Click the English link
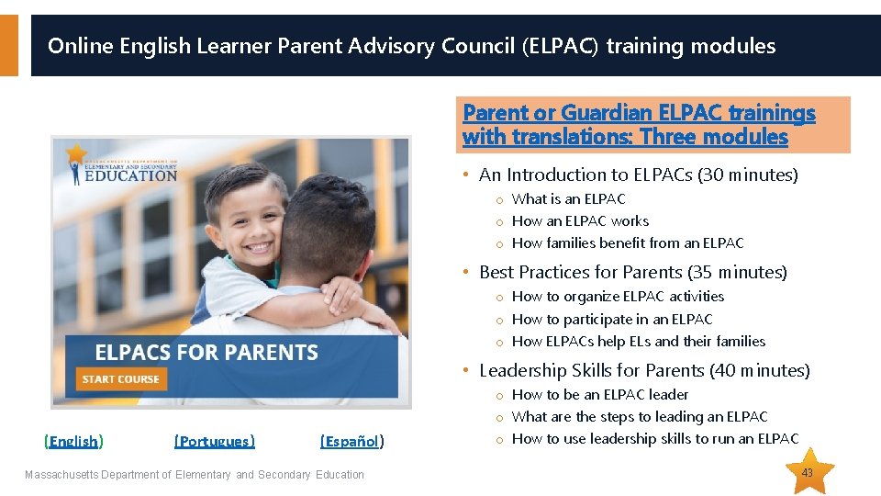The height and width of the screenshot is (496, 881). (x=73, y=442)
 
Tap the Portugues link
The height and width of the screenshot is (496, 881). (x=215, y=442)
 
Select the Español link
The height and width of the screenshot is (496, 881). (x=351, y=442)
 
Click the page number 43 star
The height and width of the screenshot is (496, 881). (x=808, y=472)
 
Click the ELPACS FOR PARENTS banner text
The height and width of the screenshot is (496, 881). (x=206, y=353)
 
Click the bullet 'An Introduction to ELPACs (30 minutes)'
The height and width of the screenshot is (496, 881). (x=638, y=175)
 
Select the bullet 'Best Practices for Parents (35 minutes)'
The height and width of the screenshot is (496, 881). (x=632, y=272)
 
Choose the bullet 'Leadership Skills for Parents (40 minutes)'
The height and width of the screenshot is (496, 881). (x=644, y=370)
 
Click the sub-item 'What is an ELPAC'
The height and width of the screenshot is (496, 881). (x=568, y=199)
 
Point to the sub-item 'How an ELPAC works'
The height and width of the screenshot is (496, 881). (x=580, y=221)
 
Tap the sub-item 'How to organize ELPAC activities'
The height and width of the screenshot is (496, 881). (x=618, y=297)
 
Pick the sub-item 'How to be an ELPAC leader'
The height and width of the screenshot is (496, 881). (x=600, y=395)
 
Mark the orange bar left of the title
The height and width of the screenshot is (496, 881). (x=8, y=45)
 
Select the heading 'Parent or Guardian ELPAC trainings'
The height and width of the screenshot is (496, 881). (x=639, y=113)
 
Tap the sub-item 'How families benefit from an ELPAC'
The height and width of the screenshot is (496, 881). (x=628, y=243)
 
